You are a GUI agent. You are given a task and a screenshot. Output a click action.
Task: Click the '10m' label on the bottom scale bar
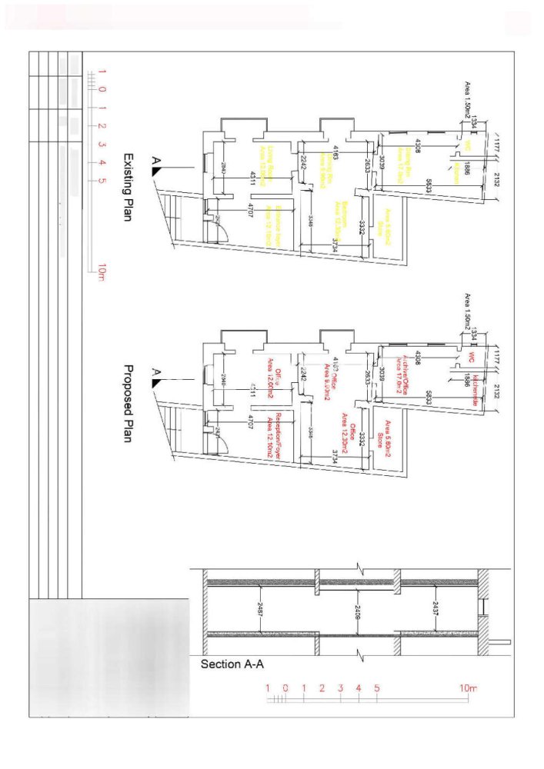[468, 687]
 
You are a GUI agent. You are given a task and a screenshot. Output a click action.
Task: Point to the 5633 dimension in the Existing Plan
[428, 185]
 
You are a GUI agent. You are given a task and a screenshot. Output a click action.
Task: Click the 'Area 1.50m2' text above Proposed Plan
[467, 312]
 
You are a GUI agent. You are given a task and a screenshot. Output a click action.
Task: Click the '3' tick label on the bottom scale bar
[340, 687]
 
